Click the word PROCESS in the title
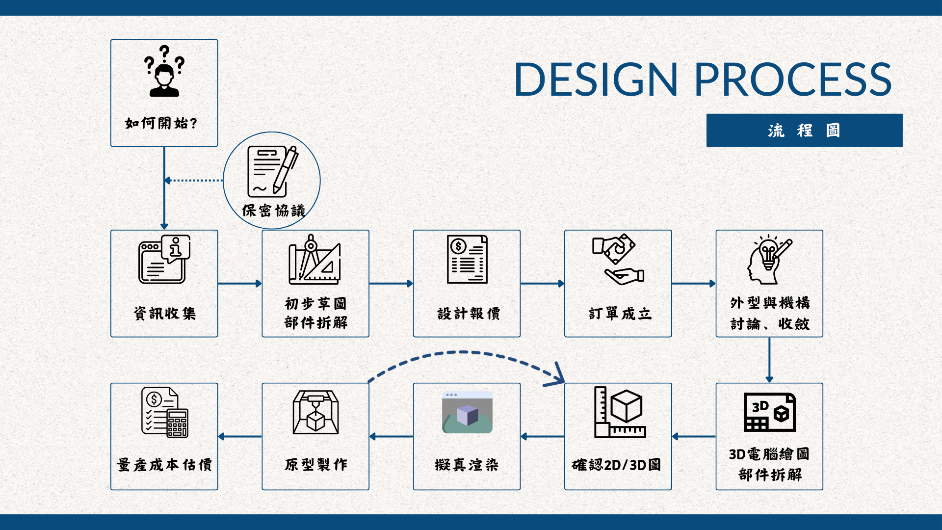tap(793, 79)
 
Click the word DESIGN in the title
tap(596, 79)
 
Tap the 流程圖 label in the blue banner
tap(804, 131)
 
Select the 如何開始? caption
tap(161, 123)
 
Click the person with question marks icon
tap(164, 71)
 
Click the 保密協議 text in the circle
tap(273, 211)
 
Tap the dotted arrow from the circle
tap(194, 180)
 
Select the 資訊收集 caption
tap(164, 313)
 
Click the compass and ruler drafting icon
tap(315, 260)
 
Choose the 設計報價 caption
tap(468, 313)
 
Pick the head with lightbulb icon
tap(769, 260)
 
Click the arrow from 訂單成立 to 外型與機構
tap(694, 283)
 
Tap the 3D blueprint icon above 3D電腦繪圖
tap(769, 412)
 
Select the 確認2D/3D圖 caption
tap(616, 465)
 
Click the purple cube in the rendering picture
tap(467, 415)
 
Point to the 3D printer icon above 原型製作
tap(315, 412)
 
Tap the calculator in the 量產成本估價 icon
tap(178, 423)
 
